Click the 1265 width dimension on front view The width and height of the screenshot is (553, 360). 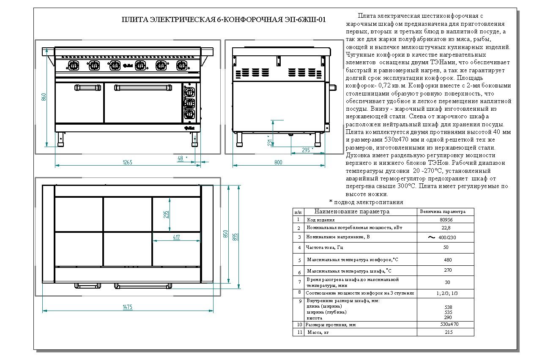click(x=127, y=162)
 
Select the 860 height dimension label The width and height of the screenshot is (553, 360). click(x=44, y=97)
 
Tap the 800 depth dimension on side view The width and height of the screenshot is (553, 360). click(x=278, y=162)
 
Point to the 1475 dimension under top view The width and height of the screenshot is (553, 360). click(x=128, y=307)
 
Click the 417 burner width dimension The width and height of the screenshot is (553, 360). click(x=177, y=237)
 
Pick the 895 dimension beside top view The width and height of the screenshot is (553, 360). click(x=235, y=237)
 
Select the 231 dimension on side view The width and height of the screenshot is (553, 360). click(x=270, y=143)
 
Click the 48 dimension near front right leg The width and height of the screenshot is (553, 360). click(x=181, y=158)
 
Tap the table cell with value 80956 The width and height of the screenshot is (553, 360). click(x=446, y=220)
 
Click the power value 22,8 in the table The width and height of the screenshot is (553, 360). click(x=446, y=228)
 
